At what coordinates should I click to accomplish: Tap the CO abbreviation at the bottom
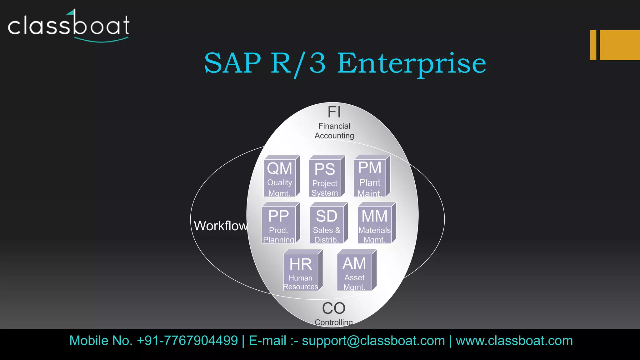click(x=334, y=308)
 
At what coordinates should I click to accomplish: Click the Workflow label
click(x=221, y=226)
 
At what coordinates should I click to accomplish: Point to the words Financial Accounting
click(x=334, y=131)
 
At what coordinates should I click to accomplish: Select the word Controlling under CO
click(x=334, y=322)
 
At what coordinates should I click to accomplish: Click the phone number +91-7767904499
click(x=187, y=341)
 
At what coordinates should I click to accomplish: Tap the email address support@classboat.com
click(x=373, y=341)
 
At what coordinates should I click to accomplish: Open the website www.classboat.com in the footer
click(x=514, y=341)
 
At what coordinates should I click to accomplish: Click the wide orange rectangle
click(x=620, y=45)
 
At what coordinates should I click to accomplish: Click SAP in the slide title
click(x=232, y=63)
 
